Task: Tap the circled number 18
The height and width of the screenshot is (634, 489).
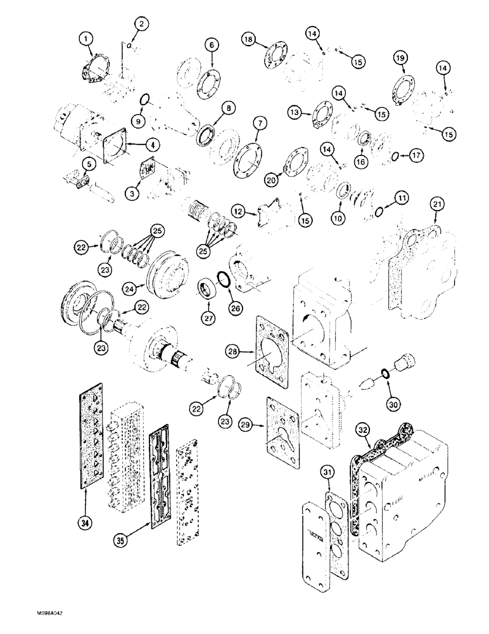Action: tap(248, 39)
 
